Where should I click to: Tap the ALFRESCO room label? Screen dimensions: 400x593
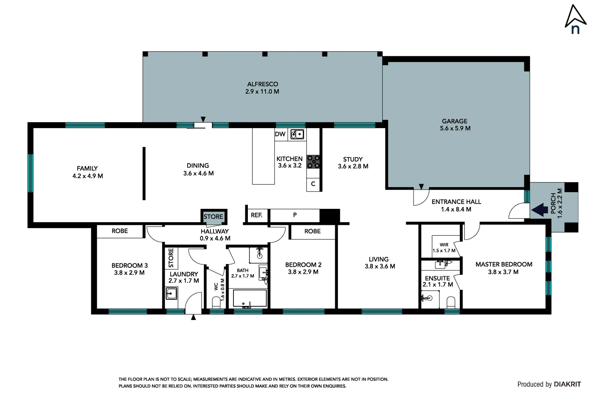tap(263, 84)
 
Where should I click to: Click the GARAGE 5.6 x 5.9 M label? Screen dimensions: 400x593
tap(455, 125)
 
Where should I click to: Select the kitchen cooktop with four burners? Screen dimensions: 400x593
tap(313, 162)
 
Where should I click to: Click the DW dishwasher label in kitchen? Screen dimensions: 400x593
tap(280, 134)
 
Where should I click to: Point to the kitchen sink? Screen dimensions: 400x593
tap(297, 134)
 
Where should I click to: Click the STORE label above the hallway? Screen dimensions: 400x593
tap(213, 217)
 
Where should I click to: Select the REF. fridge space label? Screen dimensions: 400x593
tap(256, 215)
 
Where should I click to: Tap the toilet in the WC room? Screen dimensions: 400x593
tap(216, 303)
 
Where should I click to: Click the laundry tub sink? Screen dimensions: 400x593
tap(171, 294)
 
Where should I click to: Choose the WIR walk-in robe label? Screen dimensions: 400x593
tap(444, 245)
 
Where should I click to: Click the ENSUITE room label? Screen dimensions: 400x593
tap(437, 278)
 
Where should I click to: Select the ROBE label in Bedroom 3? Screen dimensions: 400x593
tap(119, 231)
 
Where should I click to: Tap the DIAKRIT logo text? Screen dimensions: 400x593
tap(567, 384)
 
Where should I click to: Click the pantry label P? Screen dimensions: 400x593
tap(295, 215)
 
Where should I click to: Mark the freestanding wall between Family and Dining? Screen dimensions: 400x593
tap(144, 173)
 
